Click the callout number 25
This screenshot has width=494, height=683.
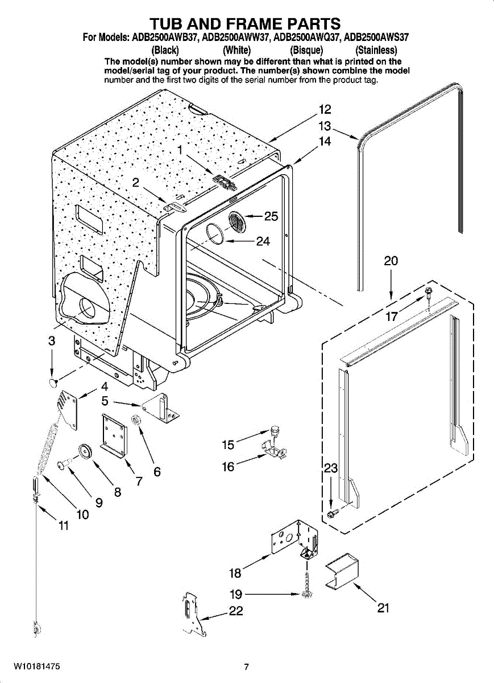click(271, 216)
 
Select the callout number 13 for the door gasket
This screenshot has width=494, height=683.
click(325, 126)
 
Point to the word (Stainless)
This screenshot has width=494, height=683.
click(376, 50)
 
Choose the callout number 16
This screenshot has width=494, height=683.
click(228, 467)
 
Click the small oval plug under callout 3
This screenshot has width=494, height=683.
click(54, 382)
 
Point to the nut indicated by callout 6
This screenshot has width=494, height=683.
click(135, 421)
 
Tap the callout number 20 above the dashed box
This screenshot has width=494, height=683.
click(391, 261)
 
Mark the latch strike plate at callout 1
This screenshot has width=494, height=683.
click(225, 182)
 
